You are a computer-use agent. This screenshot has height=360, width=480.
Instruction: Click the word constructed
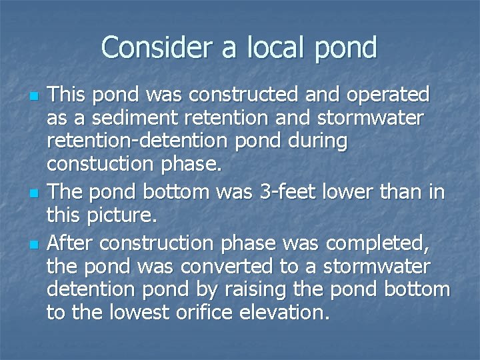(234, 95)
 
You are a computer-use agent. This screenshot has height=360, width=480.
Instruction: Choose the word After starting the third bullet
(70, 243)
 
